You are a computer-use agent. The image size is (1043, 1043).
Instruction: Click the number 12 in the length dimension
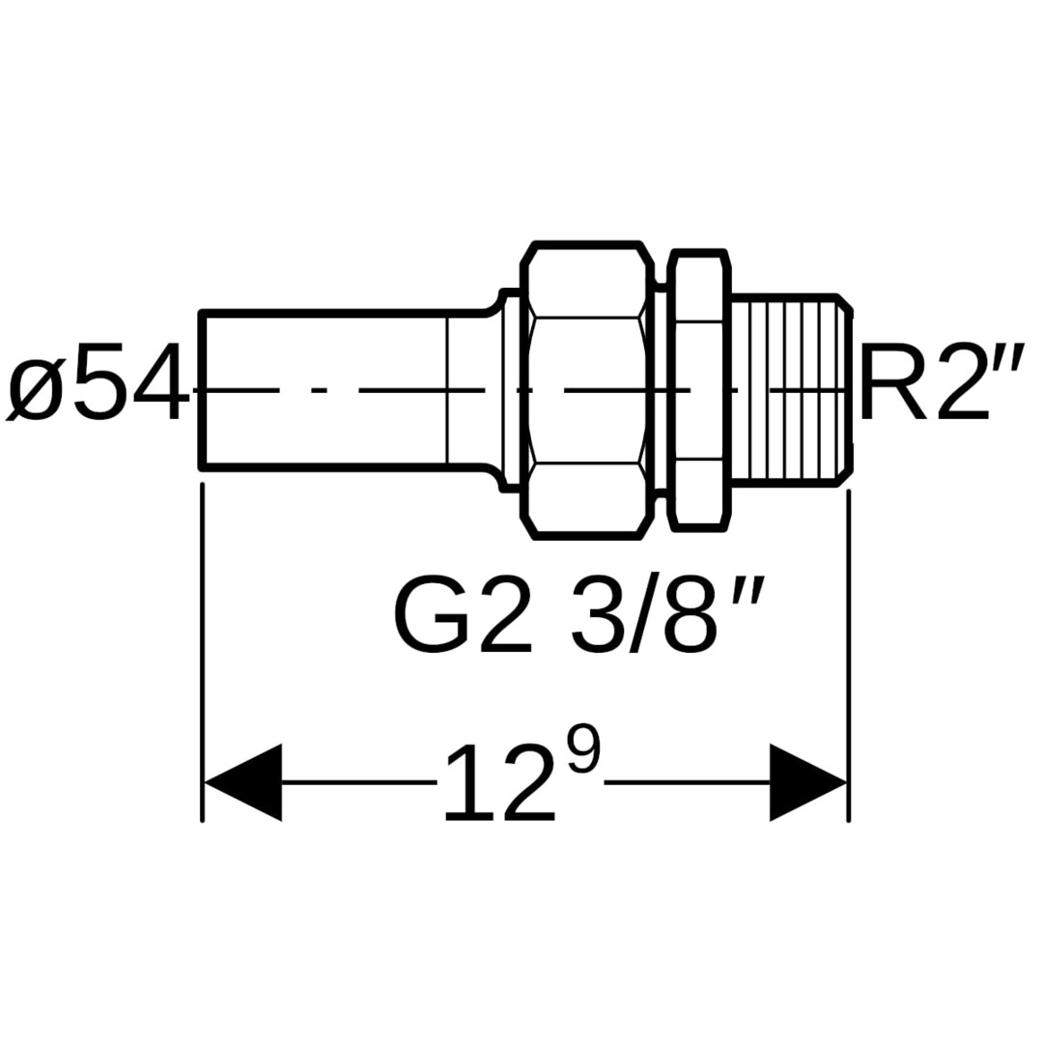tap(499, 784)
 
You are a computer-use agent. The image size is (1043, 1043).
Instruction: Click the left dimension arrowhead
tap(241, 782)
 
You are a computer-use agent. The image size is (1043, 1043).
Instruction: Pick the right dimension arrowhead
tap(808, 782)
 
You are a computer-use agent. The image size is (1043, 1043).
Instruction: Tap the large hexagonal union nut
tap(585, 389)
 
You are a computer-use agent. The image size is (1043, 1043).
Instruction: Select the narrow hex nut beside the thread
tap(697, 389)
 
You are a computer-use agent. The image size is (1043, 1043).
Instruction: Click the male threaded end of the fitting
tap(787, 389)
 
